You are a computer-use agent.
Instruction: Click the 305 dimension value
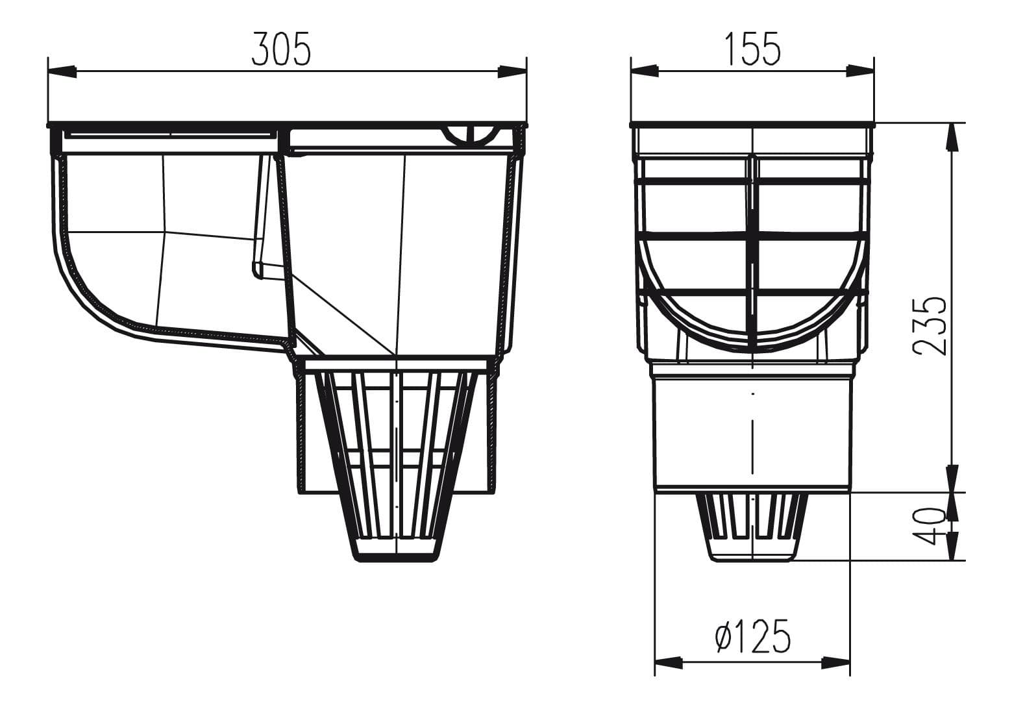tap(281, 49)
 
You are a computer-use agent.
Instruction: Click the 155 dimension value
tap(753, 49)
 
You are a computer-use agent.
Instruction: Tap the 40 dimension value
tap(928, 526)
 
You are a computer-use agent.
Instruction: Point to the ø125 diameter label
tap(753, 636)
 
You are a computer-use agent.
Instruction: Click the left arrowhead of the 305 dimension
tap(62, 71)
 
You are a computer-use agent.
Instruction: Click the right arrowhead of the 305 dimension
tap(512, 71)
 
